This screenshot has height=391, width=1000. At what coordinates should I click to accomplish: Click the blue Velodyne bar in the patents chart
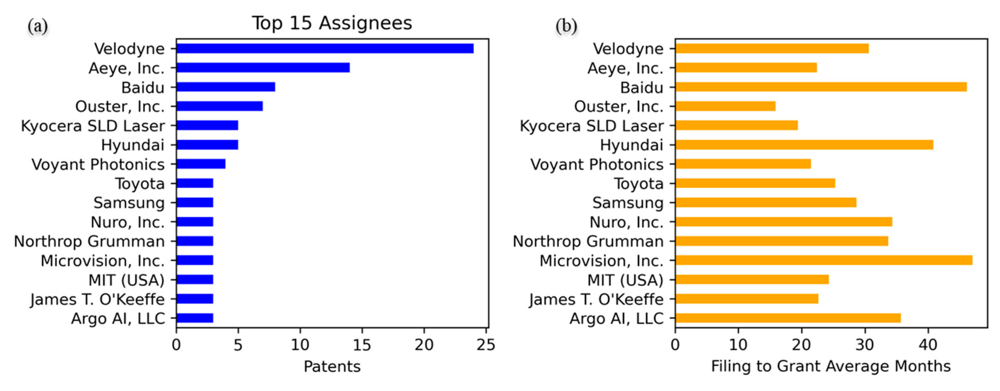pos(325,49)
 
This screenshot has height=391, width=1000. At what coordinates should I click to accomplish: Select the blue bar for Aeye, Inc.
pos(263,68)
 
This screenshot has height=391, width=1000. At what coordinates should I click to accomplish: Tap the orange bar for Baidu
pos(821,87)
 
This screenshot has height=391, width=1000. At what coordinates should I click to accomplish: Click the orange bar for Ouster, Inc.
pos(725,106)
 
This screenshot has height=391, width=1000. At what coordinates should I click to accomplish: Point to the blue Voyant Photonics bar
pos(201,164)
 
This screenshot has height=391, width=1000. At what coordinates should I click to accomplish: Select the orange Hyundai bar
pos(804,145)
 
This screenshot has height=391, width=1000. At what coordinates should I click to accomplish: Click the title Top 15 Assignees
pos(332,23)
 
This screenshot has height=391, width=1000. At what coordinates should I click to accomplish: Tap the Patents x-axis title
pos(332,366)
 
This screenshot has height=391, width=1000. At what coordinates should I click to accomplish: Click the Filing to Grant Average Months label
pos(831,366)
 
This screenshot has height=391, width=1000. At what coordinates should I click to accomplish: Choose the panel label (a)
pos(38,26)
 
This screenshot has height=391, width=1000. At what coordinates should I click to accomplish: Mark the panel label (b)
pos(566,26)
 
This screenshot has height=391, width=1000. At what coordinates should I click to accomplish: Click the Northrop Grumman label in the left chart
pos(89,241)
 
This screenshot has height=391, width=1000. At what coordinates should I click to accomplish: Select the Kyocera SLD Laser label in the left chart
pos(93,126)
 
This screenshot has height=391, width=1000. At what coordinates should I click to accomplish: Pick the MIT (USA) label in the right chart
pos(625,280)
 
